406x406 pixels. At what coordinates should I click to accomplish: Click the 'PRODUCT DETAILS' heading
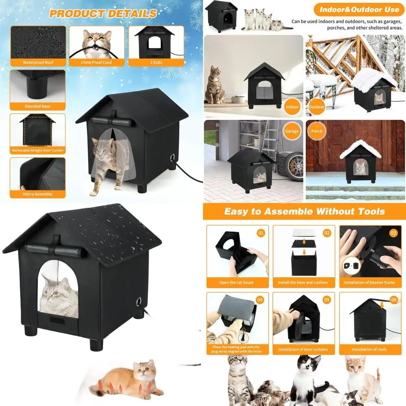coord(103,13)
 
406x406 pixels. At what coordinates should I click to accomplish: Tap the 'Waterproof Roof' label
coord(38,63)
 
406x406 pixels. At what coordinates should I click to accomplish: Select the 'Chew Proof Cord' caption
coord(96,63)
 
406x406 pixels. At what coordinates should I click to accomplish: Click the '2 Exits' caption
coord(156,63)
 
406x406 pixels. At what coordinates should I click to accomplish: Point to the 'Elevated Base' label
coord(38,106)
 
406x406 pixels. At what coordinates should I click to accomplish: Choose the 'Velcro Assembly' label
coord(38,194)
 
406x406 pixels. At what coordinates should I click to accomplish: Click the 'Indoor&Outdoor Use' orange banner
coord(359,9)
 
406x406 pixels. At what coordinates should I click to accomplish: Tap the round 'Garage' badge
coord(292,131)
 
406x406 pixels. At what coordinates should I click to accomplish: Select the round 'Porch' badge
coord(317,131)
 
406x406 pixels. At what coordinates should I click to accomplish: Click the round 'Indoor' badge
coord(292,107)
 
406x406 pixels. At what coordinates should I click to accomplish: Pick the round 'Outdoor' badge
coord(317,107)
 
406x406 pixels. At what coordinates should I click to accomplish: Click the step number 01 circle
coord(261,233)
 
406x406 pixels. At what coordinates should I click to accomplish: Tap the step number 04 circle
coord(260,300)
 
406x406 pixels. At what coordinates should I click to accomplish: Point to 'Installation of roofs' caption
coord(369,349)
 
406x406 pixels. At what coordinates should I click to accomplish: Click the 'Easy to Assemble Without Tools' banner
coord(304,212)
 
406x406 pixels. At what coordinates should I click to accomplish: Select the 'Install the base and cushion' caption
coord(303,282)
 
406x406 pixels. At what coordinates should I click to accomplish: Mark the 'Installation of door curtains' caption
coord(303,349)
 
